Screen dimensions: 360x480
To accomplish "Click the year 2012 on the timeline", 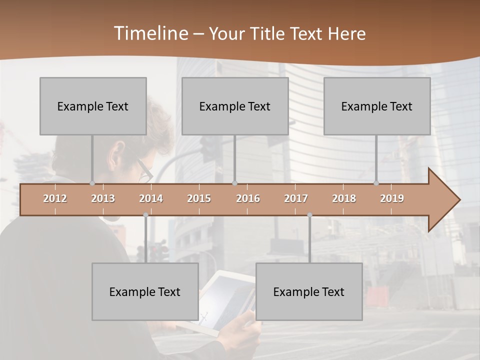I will [x=55, y=198].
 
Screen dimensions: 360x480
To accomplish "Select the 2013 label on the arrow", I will [x=103, y=198].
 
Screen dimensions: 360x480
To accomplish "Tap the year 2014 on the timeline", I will [x=151, y=198].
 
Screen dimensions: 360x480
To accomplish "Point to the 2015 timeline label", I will [x=199, y=198].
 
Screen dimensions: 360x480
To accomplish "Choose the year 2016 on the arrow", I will [x=248, y=198].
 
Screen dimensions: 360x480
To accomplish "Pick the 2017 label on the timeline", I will [x=296, y=198].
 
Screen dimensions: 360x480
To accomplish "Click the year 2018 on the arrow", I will [x=344, y=198].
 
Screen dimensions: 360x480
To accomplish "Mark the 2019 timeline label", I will [x=392, y=198].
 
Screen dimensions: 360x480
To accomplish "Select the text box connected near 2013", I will [x=93, y=106].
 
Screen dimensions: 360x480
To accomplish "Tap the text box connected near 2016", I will [x=235, y=106].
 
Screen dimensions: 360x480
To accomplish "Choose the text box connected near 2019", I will [x=377, y=106].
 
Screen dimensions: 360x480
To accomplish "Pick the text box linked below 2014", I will [x=145, y=291].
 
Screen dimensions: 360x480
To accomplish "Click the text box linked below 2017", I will [x=309, y=291].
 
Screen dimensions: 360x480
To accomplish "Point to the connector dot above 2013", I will [x=92, y=183].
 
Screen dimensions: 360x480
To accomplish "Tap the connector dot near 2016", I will [x=234, y=183].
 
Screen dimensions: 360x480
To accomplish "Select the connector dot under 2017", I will [x=309, y=215].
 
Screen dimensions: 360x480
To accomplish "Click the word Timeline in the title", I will [x=150, y=33].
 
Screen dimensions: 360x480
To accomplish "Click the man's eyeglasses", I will [x=144, y=170].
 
